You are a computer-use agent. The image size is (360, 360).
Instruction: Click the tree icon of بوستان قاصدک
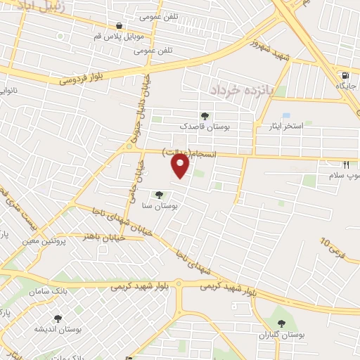click(205, 115)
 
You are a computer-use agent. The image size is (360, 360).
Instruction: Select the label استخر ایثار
click(283, 126)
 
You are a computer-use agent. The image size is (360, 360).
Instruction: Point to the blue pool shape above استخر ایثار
click(285, 115)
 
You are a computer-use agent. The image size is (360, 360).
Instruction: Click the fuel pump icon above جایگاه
click(345, 75)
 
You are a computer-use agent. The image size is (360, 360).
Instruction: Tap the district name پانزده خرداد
click(238, 90)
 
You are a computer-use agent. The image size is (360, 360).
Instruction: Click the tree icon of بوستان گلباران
click(281, 323)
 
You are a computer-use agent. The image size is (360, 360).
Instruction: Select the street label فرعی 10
click(334, 245)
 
